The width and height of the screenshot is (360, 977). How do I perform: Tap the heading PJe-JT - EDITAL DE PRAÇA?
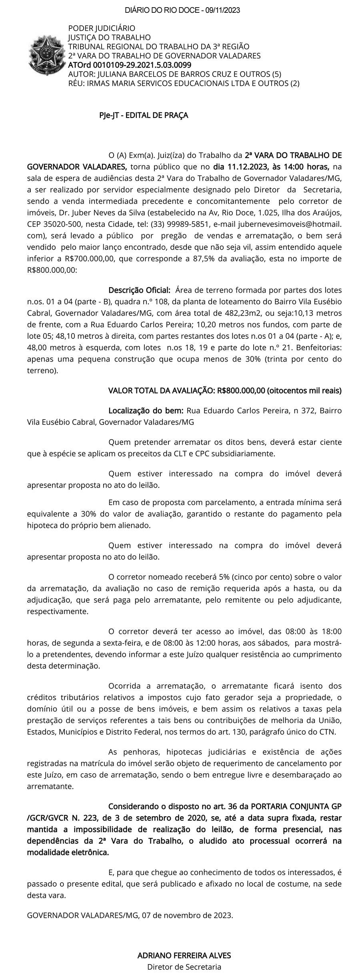pyautogui.click(x=144, y=115)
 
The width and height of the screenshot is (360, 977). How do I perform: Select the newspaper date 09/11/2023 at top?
pyautogui.click(x=222, y=10)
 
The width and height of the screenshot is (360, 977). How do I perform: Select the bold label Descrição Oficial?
pyautogui.click(x=140, y=289)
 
